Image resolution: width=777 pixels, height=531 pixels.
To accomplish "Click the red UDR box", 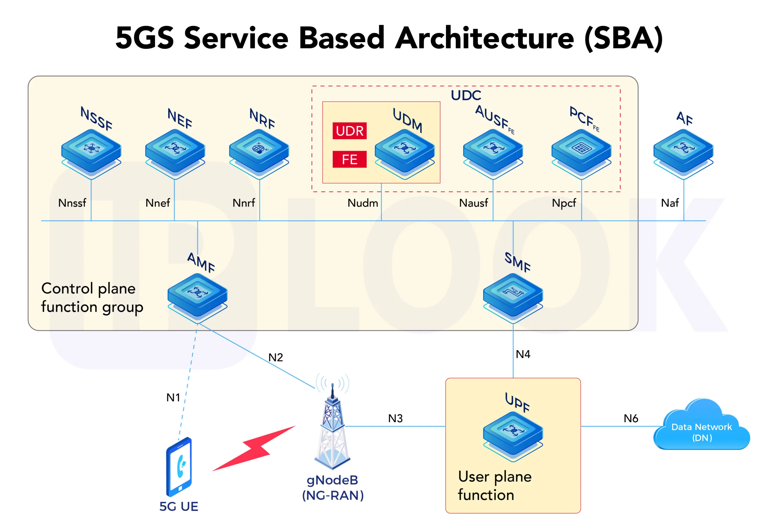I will point(349,131).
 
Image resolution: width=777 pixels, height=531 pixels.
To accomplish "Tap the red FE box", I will point(349,159).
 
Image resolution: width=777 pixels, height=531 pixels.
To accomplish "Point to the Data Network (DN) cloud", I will point(701,430).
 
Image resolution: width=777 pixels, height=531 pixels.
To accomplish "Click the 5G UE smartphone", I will point(179,467).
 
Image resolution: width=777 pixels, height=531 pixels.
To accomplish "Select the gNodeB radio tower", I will point(332,432).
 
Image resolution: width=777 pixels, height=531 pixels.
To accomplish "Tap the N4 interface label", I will point(523,354).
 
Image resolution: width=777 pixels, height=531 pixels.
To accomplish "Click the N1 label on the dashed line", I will point(173,398).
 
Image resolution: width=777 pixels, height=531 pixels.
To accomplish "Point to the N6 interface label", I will point(631,418).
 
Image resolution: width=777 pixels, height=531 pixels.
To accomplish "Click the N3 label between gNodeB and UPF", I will point(395,418).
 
